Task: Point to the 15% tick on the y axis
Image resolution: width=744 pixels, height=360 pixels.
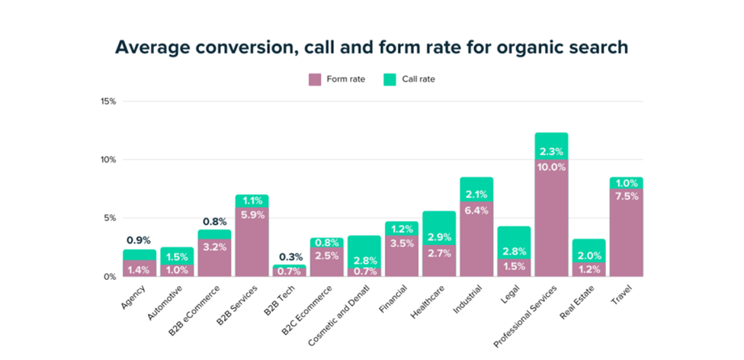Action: pyautogui.click(x=107, y=101)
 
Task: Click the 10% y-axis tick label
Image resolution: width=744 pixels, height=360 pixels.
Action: pyautogui.click(x=107, y=160)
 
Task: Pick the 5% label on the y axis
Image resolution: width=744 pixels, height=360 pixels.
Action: pyautogui.click(x=110, y=218)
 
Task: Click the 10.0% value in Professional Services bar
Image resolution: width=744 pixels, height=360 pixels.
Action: pyautogui.click(x=551, y=167)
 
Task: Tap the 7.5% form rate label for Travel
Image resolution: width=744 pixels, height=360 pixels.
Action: pyautogui.click(x=626, y=195)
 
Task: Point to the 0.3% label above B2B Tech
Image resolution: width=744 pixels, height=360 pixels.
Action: pyautogui.click(x=289, y=257)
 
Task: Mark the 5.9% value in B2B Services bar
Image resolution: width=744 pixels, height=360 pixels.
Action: pyautogui.click(x=252, y=215)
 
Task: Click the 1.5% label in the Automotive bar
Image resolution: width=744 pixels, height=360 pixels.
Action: pyautogui.click(x=177, y=258)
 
